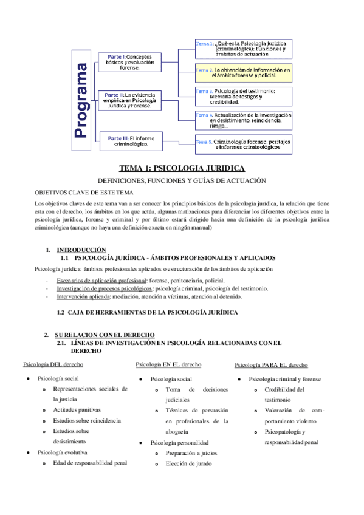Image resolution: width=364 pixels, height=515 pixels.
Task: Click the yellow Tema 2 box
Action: point(243,73)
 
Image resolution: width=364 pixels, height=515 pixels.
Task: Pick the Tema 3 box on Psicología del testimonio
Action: point(243,96)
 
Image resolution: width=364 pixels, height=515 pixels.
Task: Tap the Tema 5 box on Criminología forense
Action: point(243,143)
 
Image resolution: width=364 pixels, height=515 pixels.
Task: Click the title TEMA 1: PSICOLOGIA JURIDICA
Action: point(182,168)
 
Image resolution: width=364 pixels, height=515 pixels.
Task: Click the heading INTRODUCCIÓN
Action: point(81,250)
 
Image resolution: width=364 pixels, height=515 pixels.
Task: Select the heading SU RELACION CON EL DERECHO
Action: point(105,335)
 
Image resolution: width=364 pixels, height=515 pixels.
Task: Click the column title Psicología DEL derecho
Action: point(53,364)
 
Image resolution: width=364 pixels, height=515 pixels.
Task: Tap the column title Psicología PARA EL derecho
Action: point(271,365)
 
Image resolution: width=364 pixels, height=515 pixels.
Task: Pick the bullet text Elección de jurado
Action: point(188,463)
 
